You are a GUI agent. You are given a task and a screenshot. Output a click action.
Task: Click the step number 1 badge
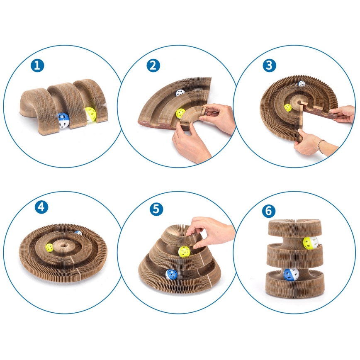[37, 66]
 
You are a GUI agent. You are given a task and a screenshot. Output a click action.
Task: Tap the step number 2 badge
[153, 66]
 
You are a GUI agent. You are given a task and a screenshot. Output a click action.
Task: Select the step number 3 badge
[269, 66]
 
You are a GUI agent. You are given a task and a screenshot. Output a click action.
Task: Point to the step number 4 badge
[41, 207]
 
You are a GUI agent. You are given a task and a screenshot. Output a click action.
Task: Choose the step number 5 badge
[156, 209]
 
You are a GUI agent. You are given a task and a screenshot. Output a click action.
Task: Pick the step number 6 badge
[269, 211]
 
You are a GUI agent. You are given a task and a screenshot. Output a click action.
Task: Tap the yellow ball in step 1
[91, 114]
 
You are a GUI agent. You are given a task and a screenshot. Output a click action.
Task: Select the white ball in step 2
[180, 93]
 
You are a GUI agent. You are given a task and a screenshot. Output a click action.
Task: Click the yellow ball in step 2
[180, 113]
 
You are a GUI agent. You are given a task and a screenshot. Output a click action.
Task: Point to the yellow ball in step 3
[288, 108]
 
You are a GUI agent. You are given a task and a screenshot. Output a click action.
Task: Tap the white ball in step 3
[302, 84]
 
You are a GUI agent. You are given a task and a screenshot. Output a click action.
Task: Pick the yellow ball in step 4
[49, 248]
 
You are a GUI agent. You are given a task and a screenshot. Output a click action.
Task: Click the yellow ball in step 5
[184, 252]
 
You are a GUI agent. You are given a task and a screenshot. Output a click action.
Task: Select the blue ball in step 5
[172, 275]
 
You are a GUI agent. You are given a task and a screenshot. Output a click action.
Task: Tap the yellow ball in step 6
[310, 243]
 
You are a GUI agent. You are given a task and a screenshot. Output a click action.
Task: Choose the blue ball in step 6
[291, 275]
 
